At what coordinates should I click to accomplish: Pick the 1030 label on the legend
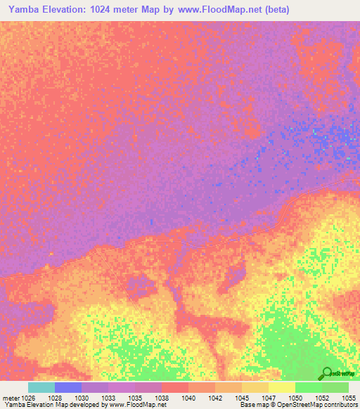click(x=82, y=397)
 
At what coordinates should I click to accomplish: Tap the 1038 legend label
click(x=162, y=397)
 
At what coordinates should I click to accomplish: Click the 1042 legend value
click(x=215, y=397)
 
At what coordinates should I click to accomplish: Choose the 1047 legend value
click(x=269, y=397)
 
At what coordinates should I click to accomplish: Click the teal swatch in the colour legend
click(x=41, y=387)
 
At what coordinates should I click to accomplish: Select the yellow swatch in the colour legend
click(x=282, y=387)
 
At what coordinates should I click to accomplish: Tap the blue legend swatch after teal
click(x=68, y=387)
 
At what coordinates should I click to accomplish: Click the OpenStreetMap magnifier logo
click(x=327, y=373)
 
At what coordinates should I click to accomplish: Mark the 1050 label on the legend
click(x=295, y=397)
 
